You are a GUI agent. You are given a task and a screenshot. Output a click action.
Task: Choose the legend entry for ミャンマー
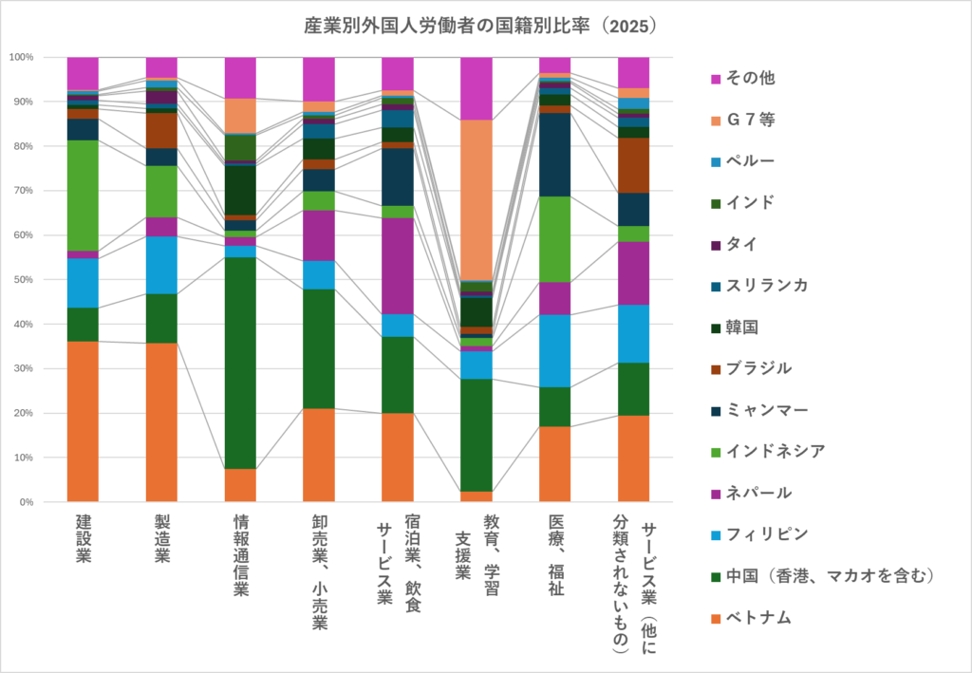pyautogui.click(x=767, y=409)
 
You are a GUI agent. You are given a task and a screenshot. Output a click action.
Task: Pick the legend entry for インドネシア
pyautogui.click(x=775, y=451)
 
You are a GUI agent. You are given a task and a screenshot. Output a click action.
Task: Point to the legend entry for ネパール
pyautogui.click(x=758, y=493)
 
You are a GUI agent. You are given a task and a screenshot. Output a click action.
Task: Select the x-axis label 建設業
pyautogui.click(x=84, y=538)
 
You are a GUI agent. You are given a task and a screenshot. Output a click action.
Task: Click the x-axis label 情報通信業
pyautogui.click(x=240, y=554)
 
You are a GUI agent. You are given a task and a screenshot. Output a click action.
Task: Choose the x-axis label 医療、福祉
pyautogui.click(x=555, y=554)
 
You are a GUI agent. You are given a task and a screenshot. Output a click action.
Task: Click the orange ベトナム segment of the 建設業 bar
pyautogui.click(x=83, y=421)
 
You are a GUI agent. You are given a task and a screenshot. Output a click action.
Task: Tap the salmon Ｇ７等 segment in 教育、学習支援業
pyautogui.click(x=476, y=199)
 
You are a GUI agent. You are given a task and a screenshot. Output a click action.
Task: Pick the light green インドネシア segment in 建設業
pyautogui.click(x=83, y=195)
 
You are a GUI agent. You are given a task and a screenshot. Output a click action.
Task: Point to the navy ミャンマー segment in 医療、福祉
pyautogui.click(x=554, y=155)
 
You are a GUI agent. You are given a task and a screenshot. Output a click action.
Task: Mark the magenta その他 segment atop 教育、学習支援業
pyautogui.click(x=476, y=88)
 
